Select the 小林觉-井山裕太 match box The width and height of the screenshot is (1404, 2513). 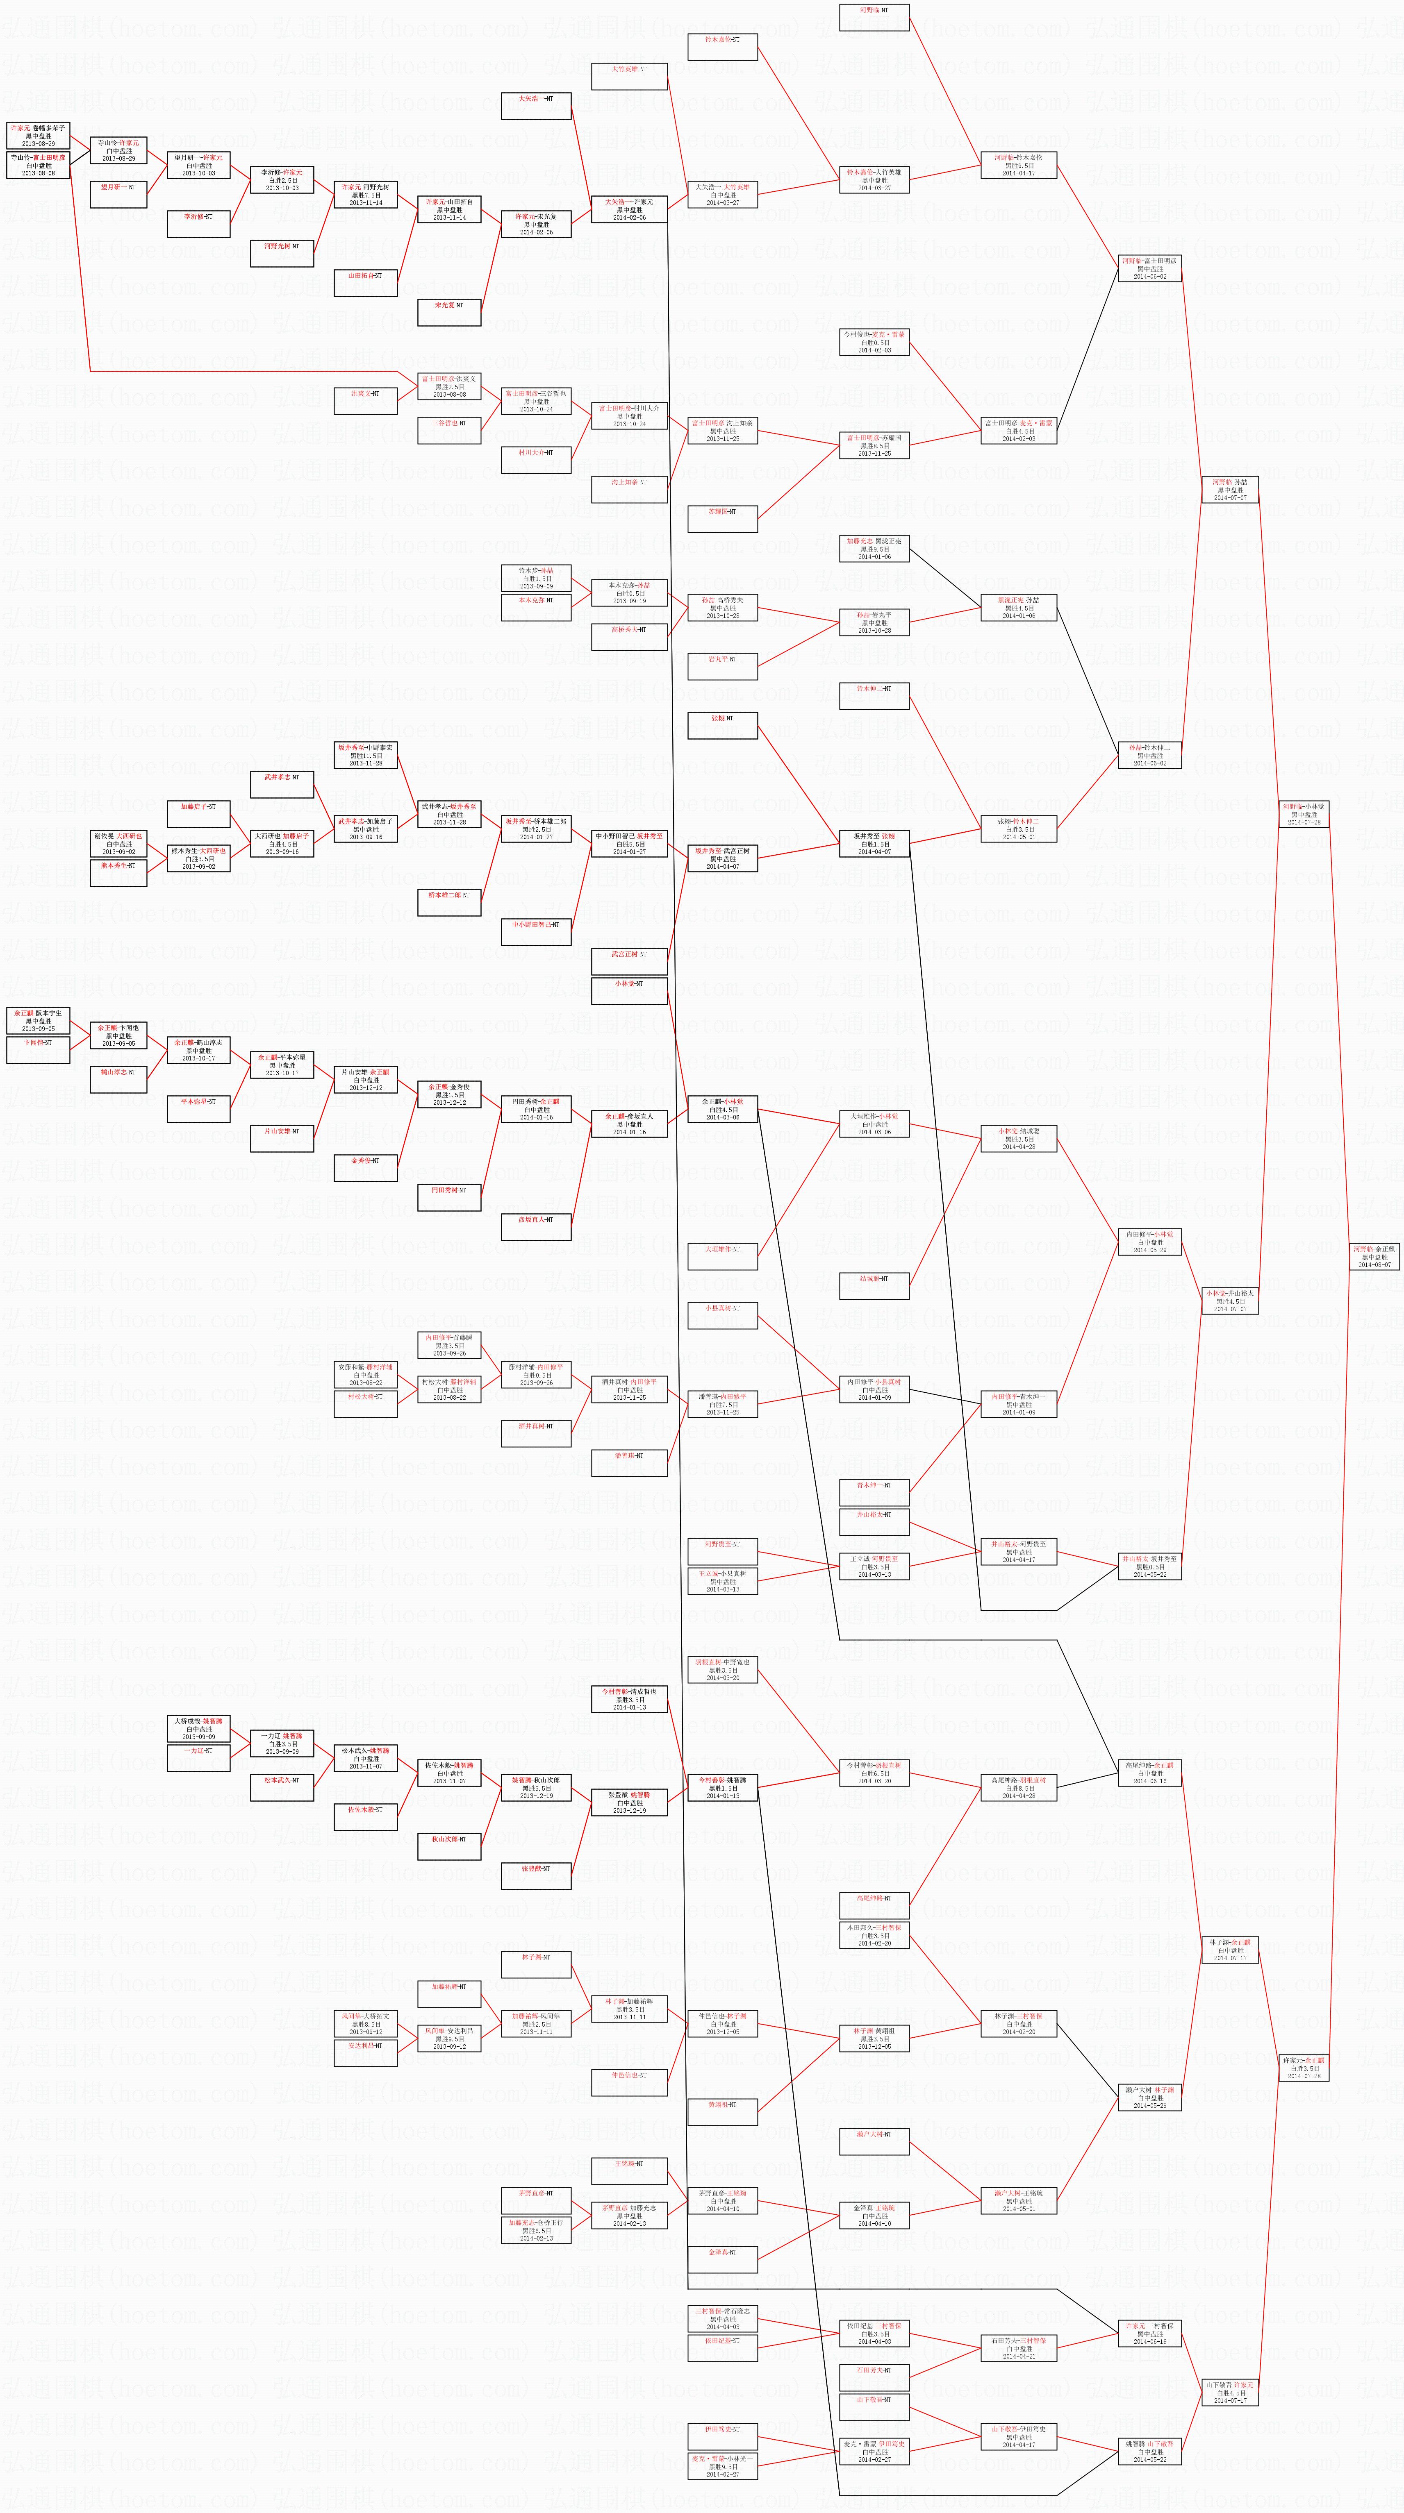click(x=1229, y=1301)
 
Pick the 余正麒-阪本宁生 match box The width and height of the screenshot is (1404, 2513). click(x=38, y=1020)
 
